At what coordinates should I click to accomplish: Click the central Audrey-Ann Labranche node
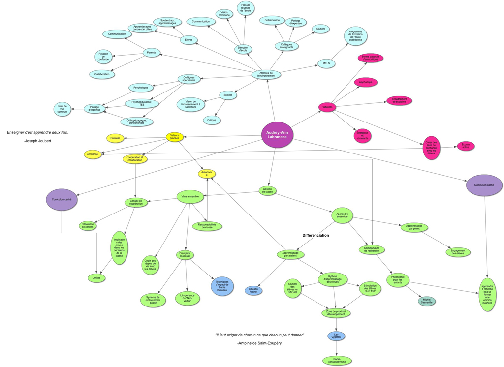(x=278, y=135)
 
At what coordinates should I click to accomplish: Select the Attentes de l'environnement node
(x=266, y=74)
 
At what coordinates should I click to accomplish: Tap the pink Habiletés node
(x=327, y=107)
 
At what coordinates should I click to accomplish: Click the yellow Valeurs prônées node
(x=174, y=137)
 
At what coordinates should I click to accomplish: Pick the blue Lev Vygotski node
(x=336, y=336)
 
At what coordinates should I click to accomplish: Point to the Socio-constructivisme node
(x=337, y=361)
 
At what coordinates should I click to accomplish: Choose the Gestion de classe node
(x=267, y=190)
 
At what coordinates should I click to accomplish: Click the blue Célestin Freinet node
(x=253, y=291)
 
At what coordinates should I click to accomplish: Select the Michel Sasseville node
(x=427, y=301)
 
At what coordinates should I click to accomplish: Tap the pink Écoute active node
(x=465, y=146)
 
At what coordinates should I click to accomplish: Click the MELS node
(x=326, y=63)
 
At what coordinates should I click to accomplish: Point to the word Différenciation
(x=315, y=235)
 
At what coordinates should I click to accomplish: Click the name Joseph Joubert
(x=38, y=141)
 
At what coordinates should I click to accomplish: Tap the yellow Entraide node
(x=115, y=138)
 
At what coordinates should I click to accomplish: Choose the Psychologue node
(x=141, y=88)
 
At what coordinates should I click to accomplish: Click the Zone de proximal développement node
(x=337, y=312)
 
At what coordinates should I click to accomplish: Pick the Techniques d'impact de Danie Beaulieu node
(x=222, y=287)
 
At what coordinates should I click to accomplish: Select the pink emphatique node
(x=365, y=82)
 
